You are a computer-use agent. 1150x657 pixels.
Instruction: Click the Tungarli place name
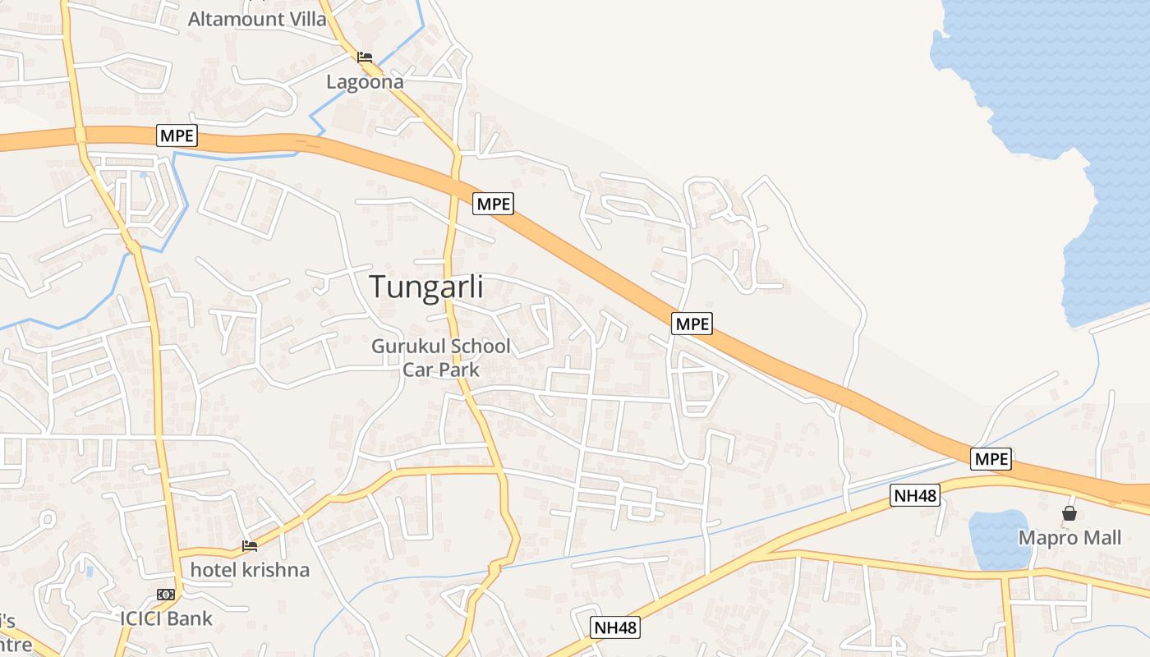[425, 287]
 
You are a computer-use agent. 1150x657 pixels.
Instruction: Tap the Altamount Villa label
[257, 19]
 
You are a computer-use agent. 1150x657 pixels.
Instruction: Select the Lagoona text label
[365, 82]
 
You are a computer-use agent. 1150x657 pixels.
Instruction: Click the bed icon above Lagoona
[365, 57]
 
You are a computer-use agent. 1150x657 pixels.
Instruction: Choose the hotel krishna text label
[250, 569]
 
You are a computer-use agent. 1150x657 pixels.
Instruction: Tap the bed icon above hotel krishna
[250, 545]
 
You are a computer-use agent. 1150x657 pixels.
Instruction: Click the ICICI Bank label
[166, 618]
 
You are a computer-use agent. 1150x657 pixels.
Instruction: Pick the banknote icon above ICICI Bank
[166, 594]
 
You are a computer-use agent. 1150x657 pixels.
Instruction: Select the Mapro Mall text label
[1069, 538]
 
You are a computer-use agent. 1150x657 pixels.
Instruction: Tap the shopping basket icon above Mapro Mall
[1069, 513]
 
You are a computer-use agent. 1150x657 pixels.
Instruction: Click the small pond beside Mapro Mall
[999, 539]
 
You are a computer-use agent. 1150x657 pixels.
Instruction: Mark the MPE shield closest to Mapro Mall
[991, 459]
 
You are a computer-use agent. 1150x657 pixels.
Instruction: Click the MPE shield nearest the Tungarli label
[493, 203]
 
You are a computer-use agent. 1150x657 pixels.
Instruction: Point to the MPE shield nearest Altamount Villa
[177, 136]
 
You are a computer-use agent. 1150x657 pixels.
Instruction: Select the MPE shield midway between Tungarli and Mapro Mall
[692, 324]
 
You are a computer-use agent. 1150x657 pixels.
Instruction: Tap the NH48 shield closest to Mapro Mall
[914, 495]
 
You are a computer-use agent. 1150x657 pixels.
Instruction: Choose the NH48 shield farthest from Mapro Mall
[615, 628]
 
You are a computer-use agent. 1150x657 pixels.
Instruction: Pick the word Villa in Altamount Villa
[304, 19]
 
